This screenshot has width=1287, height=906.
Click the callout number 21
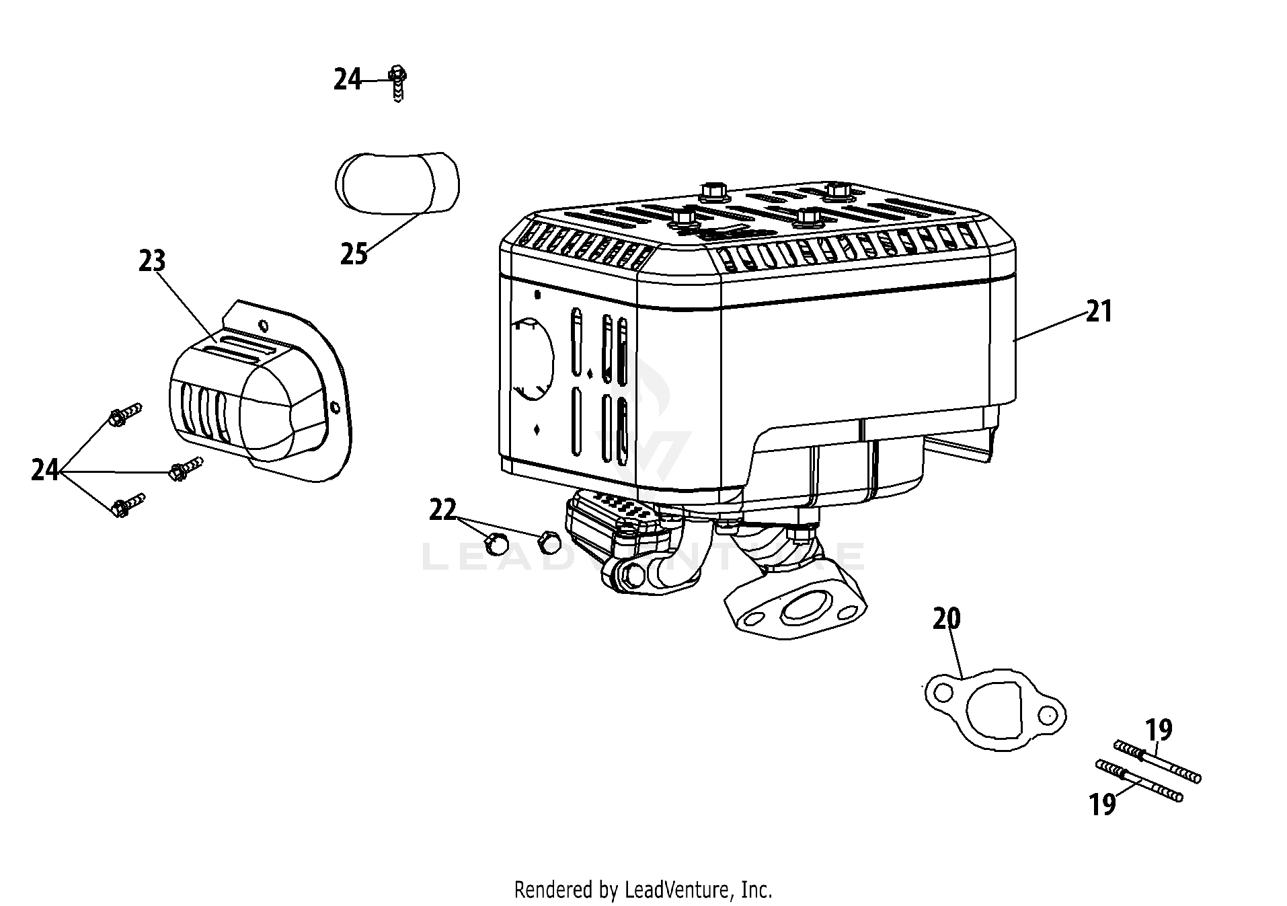pyautogui.click(x=1099, y=312)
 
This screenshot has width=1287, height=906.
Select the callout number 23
pyautogui.click(x=152, y=261)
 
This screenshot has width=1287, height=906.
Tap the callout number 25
pyautogui.click(x=354, y=254)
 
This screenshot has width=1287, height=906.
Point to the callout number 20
pyautogui.click(x=946, y=619)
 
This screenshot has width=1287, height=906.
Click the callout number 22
pyautogui.click(x=442, y=510)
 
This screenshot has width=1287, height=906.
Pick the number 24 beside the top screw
pyautogui.click(x=348, y=80)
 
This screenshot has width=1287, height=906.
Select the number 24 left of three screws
pyautogui.click(x=45, y=470)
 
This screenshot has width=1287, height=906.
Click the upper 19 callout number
pyautogui.click(x=1159, y=729)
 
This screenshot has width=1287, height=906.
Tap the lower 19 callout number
pyautogui.click(x=1103, y=804)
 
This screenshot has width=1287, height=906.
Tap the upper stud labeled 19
pyautogui.click(x=1158, y=761)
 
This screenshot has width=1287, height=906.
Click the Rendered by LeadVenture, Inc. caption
pyautogui.click(x=643, y=890)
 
